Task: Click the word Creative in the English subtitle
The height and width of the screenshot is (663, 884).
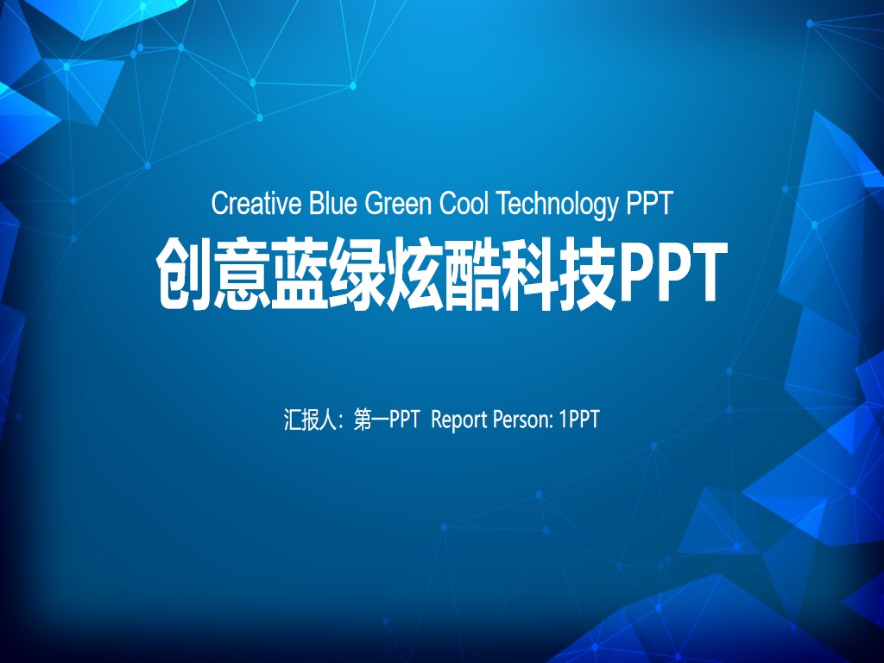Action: [256, 204]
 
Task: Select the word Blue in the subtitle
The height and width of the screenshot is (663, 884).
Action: [332, 204]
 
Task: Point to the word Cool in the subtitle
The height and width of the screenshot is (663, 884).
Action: [464, 204]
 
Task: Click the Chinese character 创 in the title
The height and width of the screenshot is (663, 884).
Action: [183, 274]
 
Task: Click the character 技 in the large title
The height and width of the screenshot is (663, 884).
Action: [587, 274]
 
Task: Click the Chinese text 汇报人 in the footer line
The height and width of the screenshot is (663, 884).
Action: [310, 420]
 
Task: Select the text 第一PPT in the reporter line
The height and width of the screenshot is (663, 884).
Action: [387, 420]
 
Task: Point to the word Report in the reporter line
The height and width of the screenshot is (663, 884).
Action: [459, 420]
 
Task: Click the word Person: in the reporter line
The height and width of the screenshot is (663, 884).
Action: [522, 420]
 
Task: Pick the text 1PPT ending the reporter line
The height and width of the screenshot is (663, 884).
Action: [579, 420]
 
